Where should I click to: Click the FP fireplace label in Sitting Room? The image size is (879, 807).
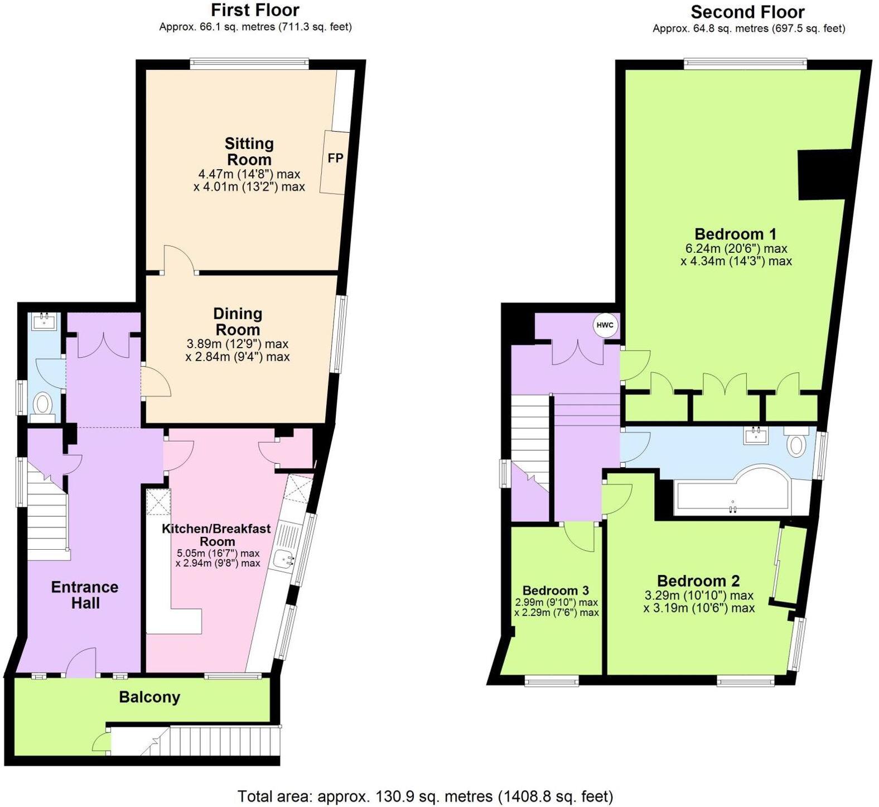pos(335,158)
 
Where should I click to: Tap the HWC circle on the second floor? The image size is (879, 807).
pos(605,325)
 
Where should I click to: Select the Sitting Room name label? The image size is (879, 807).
pos(249,151)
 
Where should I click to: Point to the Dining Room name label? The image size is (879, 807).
pos(238,321)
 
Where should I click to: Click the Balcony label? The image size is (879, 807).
pos(149,697)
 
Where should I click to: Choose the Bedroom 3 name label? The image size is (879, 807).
pos(556,590)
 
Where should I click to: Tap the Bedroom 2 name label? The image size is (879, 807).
pos(698,581)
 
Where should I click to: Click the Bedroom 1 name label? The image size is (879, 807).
pos(735,234)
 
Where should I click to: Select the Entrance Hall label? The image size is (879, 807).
pos(85,595)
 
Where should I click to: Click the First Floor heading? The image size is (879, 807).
pos(255,10)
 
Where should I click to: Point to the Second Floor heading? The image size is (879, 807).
pos(747,12)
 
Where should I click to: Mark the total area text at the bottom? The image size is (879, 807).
pos(425,796)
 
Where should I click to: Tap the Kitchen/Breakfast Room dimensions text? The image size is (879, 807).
pos(218,558)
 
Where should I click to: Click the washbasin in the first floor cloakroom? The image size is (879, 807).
pos(44,322)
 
